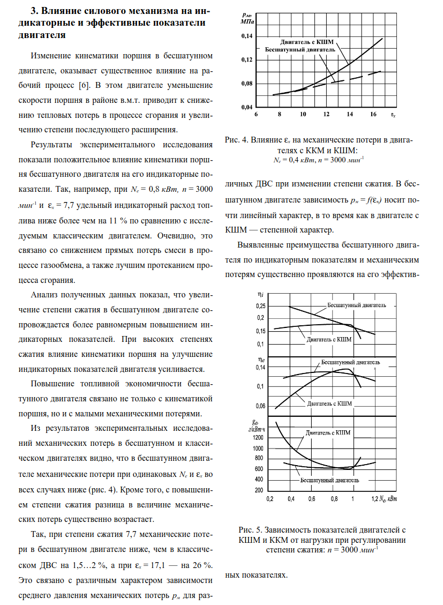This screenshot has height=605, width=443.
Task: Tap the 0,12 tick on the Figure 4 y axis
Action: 246,60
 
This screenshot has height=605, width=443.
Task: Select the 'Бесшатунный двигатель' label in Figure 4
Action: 300,49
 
